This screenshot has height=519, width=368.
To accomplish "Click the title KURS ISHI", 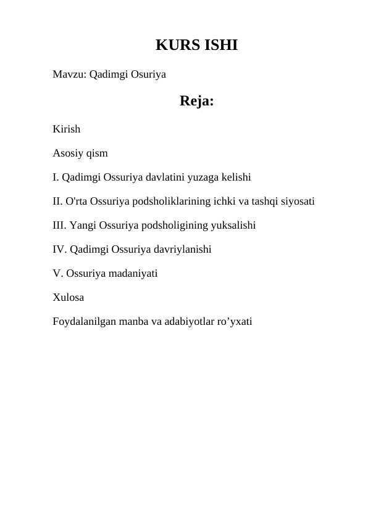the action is [x=196, y=46].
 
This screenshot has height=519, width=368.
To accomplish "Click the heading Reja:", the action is [x=197, y=101].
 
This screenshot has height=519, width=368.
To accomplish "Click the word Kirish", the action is [x=66, y=130].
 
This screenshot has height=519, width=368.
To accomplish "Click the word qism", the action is [x=97, y=153].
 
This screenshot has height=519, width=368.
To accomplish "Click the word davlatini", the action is [x=162, y=178].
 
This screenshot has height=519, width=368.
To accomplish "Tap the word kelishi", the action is [x=233, y=178].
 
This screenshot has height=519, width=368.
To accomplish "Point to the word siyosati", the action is [x=298, y=201].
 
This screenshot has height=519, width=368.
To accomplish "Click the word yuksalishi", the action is [x=232, y=225].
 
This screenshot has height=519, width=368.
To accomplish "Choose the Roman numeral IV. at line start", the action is [x=59, y=249].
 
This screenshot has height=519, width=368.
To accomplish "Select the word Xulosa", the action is [x=69, y=297].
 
